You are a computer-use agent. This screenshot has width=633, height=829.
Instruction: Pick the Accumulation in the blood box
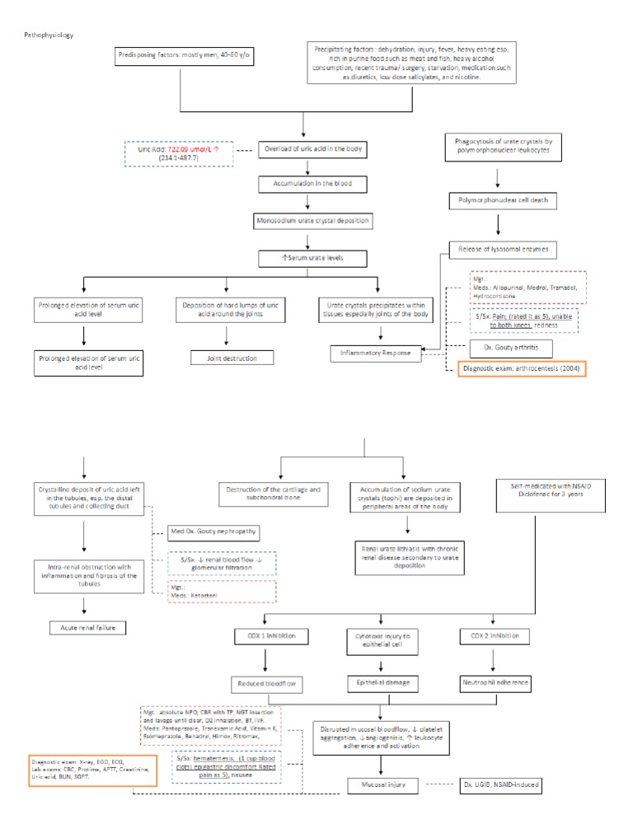(x=307, y=185)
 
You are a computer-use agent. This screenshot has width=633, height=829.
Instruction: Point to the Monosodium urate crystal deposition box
(x=307, y=221)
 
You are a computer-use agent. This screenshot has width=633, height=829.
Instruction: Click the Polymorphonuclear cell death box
(x=497, y=199)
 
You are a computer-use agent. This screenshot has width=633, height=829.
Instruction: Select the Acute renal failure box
(x=82, y=628)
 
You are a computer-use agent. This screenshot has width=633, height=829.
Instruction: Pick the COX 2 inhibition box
(x=495, y=635)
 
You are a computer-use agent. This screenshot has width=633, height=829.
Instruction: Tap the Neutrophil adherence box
(x=495, y=683)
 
